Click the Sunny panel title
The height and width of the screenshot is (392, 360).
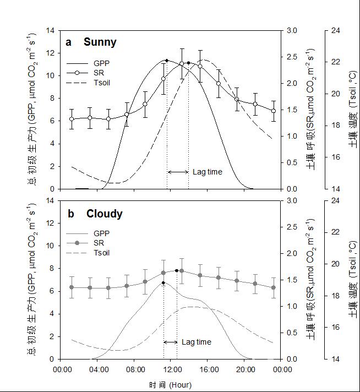100,42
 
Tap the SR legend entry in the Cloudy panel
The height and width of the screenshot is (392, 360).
100,243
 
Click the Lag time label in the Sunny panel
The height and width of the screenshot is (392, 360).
208,172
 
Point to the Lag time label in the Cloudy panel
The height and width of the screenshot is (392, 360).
196,342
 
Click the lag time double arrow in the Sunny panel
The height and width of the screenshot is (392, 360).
178,172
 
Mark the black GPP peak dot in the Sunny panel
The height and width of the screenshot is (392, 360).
167,61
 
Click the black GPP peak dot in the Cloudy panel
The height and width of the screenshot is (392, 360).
163,283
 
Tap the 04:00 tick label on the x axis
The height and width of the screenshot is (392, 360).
99,369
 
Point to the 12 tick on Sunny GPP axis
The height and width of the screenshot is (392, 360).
52,53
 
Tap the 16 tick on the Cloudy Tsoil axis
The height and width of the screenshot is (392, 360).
334,327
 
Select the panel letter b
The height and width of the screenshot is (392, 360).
70,214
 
